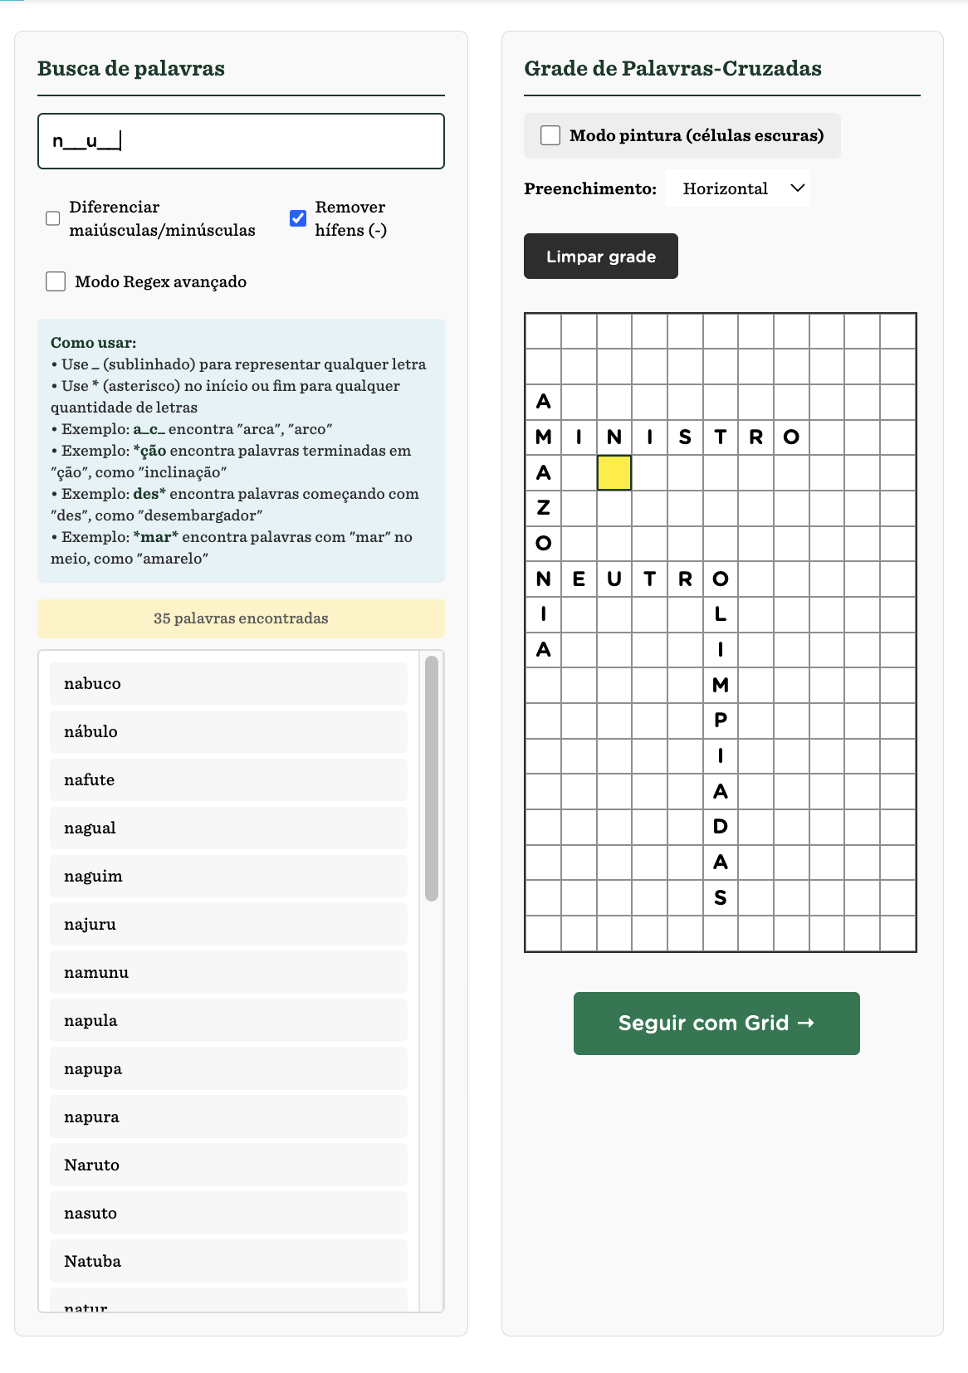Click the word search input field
pyautogui.click(x=241, y=141)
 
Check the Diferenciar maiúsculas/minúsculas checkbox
pyautogui.click(x=53, y=218)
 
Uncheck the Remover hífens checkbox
pyautogui.click(x=298, y=218)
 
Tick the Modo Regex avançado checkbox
pyautogui.click(x=56, y=281)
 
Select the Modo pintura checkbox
pyautogui.click(x=550, y=135)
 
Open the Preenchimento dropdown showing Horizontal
pyautogui.click(x=738, y=188)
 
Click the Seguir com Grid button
pyautogui.click(x=716, y=1023)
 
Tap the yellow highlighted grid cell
pyautogui.click(x=614, y=472)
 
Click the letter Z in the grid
pyautogui.click(x=544, y=507)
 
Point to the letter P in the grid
pyautogui.click(x=721, y=720)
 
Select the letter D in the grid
pyautogui.click(x=721, y=827)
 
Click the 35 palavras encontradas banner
pyautogui.click(x=241, y=618)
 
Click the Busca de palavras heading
pyautogui.click(x=131, y=68)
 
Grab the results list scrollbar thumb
pyautogui.click(x=432, y=778)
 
